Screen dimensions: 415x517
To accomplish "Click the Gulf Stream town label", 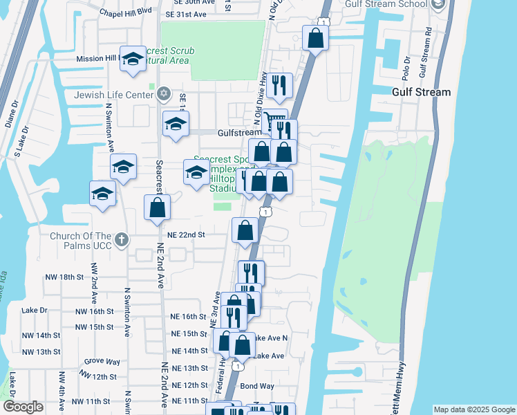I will click(x=421, y=92).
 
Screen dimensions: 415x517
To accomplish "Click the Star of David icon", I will click(x=163, y=93).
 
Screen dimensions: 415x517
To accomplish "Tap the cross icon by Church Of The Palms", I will click(x=122, y=240).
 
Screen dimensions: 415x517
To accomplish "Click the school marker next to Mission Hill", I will click(x=132, y=61).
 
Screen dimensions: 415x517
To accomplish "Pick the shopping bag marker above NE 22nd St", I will click(x=157, y=207).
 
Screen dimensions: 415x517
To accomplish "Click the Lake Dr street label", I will click(x=34, y=311).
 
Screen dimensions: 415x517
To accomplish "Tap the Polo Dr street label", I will click(x=406, y=67).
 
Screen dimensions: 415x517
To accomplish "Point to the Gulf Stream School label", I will click(x=391, y=5).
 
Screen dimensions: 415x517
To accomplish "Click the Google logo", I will click(x=23, y=407).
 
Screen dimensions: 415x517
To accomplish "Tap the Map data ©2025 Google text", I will click(x=474, y=409).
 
